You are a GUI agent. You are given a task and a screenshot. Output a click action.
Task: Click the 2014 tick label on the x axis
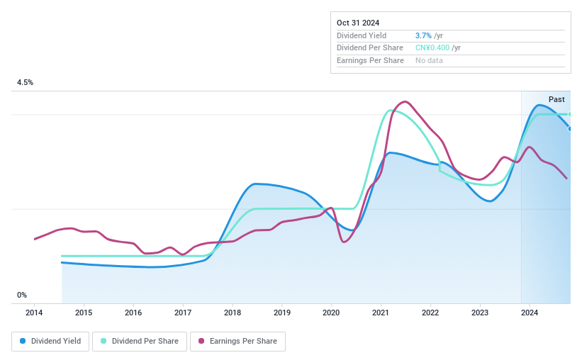tap(35, 313)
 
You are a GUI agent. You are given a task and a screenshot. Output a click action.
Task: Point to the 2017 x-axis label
tap(183, 313)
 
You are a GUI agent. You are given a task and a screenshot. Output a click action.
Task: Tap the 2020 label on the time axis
tap(332, 313)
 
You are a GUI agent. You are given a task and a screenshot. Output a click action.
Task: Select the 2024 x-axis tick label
tap(530, 313)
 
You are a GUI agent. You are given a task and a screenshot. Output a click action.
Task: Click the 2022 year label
tap(430, 313)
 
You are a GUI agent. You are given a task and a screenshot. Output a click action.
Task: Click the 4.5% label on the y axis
tap(26, 83)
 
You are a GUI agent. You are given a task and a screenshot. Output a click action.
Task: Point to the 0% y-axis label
tap(22, 295)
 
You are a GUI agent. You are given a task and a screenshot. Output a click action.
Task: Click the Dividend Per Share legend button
tap(140, 342)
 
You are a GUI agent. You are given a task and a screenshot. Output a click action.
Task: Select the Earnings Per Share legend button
tap(237, 342)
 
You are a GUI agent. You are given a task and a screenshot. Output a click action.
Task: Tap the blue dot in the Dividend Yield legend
tap(23, 342)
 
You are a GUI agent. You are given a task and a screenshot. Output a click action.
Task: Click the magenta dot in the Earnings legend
tap(202, 342)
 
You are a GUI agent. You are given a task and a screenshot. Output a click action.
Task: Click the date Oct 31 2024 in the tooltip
tap(358, 23)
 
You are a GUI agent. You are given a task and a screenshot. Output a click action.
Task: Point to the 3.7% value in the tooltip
tap(423, 35)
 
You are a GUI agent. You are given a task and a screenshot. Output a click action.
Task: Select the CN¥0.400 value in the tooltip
tap(432, 48)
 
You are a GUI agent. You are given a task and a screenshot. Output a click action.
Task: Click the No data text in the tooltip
tap(430, 61)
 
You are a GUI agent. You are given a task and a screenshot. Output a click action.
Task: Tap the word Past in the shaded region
tap(556, 100)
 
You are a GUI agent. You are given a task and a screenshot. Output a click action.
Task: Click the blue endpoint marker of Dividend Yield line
tap(569, 128)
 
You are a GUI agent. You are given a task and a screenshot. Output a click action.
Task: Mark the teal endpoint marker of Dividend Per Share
tap(569, 114)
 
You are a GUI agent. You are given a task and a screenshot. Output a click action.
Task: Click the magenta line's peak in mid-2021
tap(405, 101)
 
